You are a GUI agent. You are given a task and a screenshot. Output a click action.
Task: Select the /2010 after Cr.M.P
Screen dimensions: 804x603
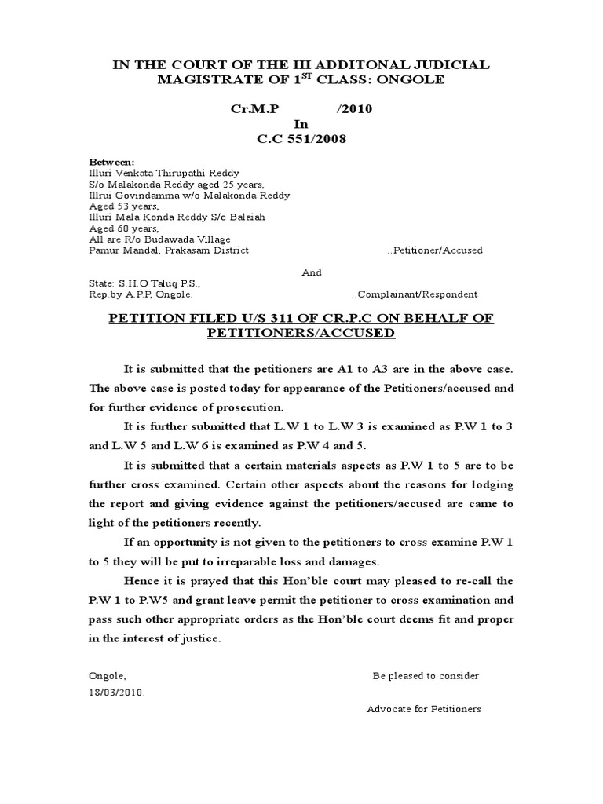click(354, 109)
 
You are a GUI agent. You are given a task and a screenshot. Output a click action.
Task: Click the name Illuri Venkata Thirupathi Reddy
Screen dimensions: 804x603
click(165, 173)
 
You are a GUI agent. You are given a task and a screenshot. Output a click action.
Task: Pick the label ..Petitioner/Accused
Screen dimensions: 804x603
click(435, 250)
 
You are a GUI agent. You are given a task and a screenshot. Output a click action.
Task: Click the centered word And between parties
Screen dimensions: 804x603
click(312, 272)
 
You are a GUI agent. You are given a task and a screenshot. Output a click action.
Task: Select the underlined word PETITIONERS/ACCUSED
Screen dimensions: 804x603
click(301, 333)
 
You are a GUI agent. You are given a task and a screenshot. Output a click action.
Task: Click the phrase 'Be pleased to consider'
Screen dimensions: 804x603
click(426, 676)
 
